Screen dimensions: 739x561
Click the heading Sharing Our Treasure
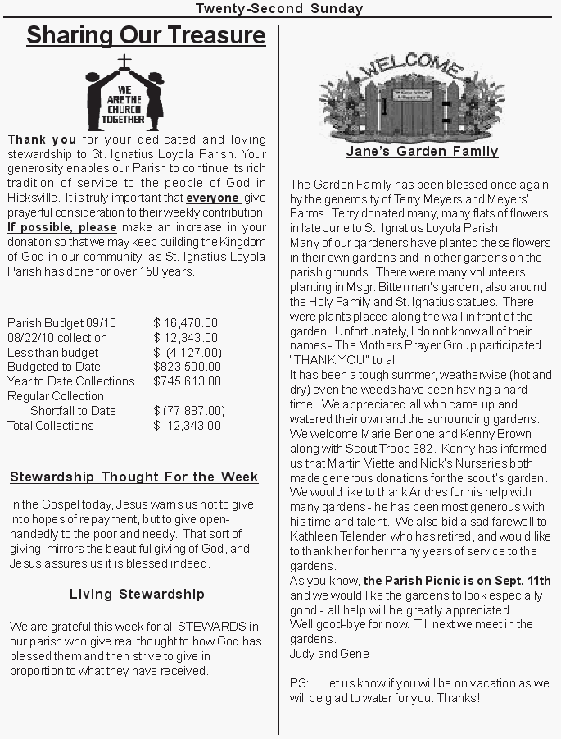pos(146,36)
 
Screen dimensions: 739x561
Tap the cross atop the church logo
pos(124,61)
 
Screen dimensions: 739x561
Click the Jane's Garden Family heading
pos(422,152)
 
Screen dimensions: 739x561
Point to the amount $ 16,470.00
pos(186,323)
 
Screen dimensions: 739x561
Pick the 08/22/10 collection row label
pos(57,338)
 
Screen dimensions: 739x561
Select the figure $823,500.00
pos(188,367)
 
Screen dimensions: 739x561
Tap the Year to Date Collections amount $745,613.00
pos(188,381)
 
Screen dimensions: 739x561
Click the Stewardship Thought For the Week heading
pos(134,477)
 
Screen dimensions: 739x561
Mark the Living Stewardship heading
pos(137,595)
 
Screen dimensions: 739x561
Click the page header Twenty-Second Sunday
pos(279,9)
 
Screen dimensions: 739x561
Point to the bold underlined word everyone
pos(213,198)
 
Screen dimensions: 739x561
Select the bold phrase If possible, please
pos(62,227)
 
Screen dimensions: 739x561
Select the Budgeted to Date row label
pos(54,367)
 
